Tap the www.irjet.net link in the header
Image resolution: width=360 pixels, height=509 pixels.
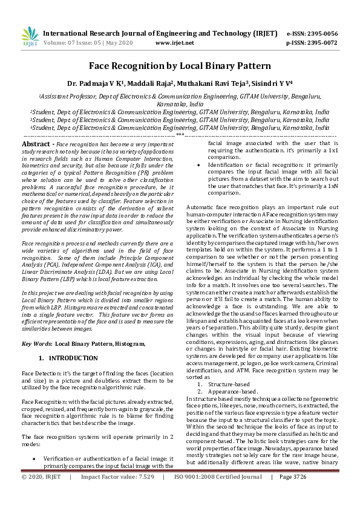(x=174, y=43)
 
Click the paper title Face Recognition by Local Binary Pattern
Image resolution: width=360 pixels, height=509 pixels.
(x=180, y=64)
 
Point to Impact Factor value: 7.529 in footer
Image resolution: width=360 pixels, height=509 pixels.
(x=117, y=494)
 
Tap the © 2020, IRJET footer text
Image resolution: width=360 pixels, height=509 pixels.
(x=41, y=494)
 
